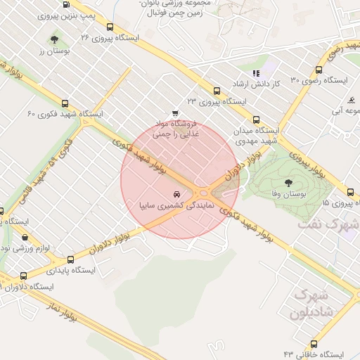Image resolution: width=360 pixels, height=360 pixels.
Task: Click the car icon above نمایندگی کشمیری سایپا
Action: coord(175,193)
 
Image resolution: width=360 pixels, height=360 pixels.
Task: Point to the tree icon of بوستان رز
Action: coord(55,39)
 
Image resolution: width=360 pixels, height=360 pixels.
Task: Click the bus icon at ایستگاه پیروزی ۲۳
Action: coord(217,91)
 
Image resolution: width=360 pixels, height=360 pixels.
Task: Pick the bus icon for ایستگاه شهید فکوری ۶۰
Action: coord(65,103)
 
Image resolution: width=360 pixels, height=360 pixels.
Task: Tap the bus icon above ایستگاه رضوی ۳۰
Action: coord(319,70)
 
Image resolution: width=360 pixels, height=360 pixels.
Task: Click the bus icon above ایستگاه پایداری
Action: coord(70,258)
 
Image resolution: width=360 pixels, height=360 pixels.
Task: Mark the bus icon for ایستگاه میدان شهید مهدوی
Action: coord(255,120)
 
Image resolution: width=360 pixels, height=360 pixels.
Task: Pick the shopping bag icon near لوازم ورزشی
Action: coord(25,238)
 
